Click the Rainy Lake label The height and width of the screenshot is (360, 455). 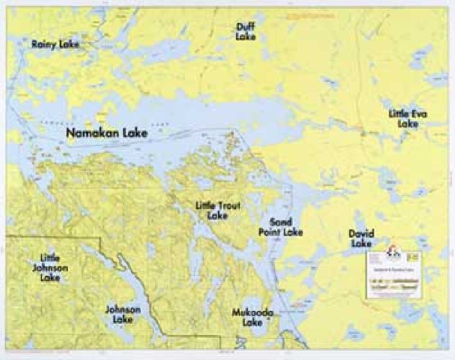click(x=55, y=44)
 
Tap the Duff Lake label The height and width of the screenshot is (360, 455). click(x=245, y=32)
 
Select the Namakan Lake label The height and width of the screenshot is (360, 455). click(x=106, y=133)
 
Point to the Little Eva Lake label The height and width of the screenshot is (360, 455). click(x=408, y=119)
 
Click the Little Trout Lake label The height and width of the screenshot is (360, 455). click(x=218, y=211)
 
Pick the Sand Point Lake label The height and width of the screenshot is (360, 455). click(x=280, y=227)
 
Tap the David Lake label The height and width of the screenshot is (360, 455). click(x=361, y=238)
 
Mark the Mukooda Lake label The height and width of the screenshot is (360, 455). click(x=252, y=317)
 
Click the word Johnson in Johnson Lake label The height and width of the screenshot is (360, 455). click(x=123, y=310)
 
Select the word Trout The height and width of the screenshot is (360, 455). click(x=229, y=206)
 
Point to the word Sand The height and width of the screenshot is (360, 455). click(x=281, y=222)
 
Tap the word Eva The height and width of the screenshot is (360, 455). click(x=419, y=114)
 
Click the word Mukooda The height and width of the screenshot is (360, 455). click(x=252, y=312)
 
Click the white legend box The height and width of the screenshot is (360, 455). click(x=393, y=275)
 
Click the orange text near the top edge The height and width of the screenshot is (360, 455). click(x=311, y=16)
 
